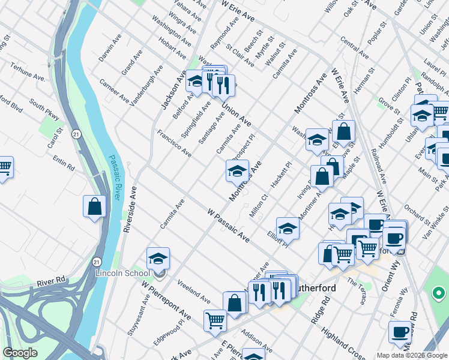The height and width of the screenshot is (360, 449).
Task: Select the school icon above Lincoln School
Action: pos(158,259)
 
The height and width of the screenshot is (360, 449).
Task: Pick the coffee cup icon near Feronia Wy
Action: pos(399,332)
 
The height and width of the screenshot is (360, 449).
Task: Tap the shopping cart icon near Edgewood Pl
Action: pos(215,320)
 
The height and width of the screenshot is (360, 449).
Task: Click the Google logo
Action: pos(20,353)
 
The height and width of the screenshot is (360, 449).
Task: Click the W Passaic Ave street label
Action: pos(228,226)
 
